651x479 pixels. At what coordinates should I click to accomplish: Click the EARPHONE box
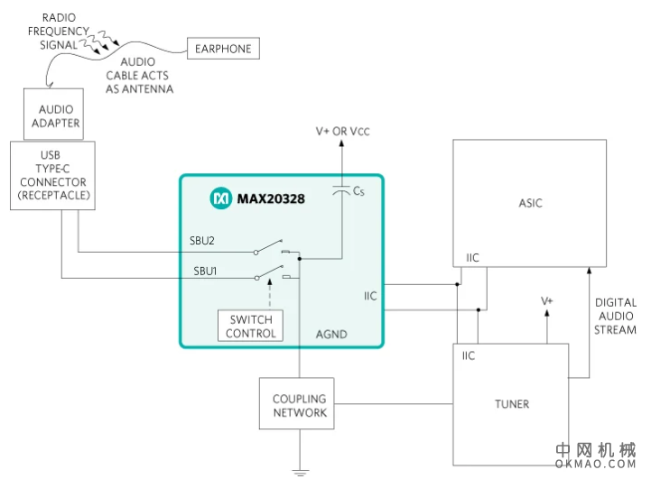(222, 48)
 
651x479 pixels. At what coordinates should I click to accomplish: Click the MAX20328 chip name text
(271, 198)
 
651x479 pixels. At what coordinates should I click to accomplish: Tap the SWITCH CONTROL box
(250, 327)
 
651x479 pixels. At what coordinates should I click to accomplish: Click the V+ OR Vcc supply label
(342, 132)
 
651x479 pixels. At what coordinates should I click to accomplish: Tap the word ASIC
(531, 203)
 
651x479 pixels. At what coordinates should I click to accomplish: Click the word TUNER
(512, 403)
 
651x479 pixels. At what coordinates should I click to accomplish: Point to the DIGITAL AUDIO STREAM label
(616, 316)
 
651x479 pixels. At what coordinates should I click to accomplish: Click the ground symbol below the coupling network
(300, 472)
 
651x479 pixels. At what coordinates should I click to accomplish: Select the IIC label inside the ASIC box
(472, 258)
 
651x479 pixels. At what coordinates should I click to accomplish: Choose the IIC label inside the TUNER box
(469, 355)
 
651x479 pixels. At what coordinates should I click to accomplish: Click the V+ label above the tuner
(546, 300)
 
